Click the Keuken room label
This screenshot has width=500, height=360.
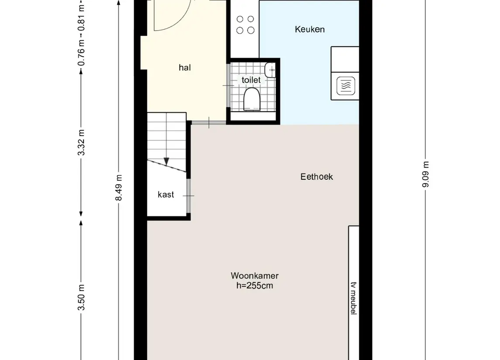[x=310, y=29]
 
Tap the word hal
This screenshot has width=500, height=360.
[x=185, y=68]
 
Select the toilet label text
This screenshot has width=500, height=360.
[x=251, y=80]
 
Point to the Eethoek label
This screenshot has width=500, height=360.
[x=317, y=177]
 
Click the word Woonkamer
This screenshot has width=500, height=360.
[x=255, y=276]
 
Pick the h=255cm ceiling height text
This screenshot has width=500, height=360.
[x=255, y=285]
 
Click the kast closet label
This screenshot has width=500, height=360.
[x=166, y=194]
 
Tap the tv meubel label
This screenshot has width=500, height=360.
[x=353, y=298]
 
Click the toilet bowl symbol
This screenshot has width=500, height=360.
[x=252, y=99]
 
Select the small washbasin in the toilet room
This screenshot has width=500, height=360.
[x=270, y=70]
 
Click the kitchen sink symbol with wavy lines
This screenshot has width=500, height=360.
[x=346, y=86]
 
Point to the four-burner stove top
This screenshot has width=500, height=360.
[x=245, y=24]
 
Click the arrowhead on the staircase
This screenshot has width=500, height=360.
[x=166, y=161]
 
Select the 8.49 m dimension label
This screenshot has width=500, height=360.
[x=119, y=188]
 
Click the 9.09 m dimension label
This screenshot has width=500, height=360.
[x=425, y=174]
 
